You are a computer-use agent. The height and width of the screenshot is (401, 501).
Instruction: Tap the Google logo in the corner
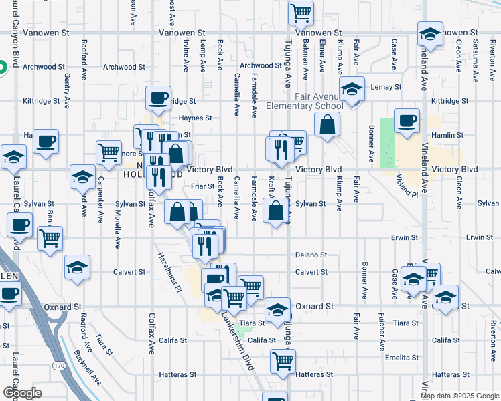(x=21, y=393)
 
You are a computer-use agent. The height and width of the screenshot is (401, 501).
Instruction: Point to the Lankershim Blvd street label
(x=239, y=343)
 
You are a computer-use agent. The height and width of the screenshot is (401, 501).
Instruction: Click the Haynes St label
(x=195, y=118)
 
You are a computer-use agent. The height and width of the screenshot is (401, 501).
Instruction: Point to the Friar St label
(x=202, y=186)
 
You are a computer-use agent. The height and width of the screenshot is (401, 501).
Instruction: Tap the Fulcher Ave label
(x=381, y=331)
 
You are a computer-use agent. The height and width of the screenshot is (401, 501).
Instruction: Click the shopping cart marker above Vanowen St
(x=301, y=11)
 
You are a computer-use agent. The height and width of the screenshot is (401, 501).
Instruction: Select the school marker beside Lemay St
(x=352, y=88)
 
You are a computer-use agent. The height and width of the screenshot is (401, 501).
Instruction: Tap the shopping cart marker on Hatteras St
(x=283, y=361)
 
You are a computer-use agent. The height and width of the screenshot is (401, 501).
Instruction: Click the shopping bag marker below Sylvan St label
(x=276, y=212)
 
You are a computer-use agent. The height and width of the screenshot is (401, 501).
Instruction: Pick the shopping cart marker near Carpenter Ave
(x=109, y=152)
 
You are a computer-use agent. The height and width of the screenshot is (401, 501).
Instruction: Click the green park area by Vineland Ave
(x=388, y=143)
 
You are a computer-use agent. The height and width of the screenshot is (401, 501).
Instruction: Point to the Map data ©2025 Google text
(x=459, y=396)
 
